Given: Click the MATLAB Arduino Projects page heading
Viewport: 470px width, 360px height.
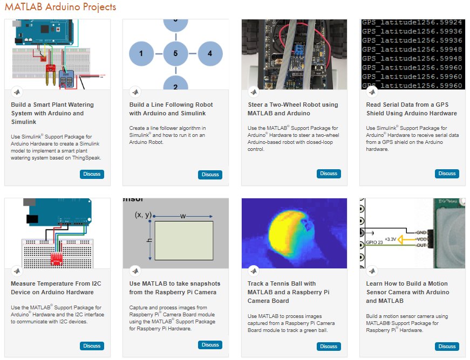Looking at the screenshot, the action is click(60, 7).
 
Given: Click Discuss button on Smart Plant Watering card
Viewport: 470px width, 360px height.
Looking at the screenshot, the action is click(92, 174).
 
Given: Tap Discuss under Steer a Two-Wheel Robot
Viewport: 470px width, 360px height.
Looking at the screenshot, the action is click(328, 174).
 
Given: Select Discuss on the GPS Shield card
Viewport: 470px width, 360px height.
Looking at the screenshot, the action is click(447, 174).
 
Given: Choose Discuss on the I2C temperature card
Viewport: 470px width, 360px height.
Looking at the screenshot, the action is click(92, 346).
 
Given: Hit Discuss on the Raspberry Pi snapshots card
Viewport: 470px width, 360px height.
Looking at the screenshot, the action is click(210, 345).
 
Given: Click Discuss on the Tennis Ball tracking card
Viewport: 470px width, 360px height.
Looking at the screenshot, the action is click(328, 347).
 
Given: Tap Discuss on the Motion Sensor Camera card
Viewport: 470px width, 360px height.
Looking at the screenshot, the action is click(447, 347).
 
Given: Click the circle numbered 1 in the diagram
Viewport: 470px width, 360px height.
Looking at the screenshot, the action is click(141, 54).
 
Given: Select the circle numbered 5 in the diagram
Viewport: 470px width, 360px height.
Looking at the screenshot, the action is click(175, 54).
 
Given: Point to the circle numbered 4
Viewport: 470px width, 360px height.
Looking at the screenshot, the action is click(210, 54).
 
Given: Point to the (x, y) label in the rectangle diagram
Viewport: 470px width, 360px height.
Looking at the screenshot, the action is click(142, 216).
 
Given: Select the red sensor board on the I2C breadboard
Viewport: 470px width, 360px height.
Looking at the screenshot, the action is click(56, 259).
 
